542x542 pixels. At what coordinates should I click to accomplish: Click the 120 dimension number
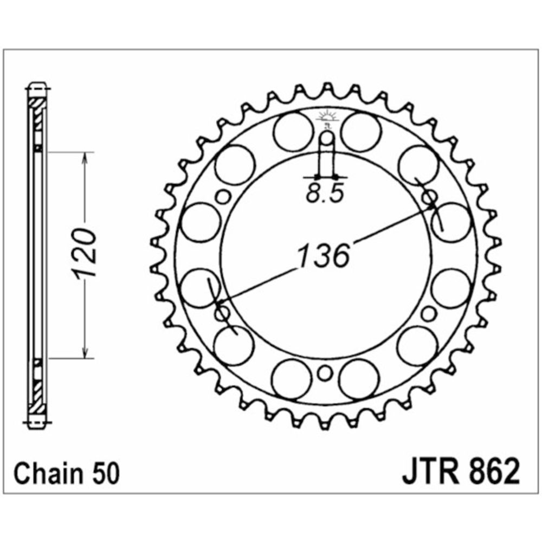(83, 253)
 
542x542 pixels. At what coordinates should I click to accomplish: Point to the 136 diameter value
(323, 256)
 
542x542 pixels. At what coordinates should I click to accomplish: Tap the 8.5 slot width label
(325, 193)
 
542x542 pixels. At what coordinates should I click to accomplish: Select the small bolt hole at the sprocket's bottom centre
(325, 373)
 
